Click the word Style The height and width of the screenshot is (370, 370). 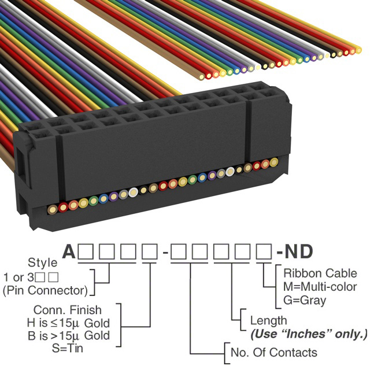(x=42, y=262)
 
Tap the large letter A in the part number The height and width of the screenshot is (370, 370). (x=69, y=251)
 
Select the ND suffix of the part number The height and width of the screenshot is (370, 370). (x=299, y=251)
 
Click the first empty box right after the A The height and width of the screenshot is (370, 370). (x=86, y=252)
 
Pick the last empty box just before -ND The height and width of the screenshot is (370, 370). (x=264, y=252)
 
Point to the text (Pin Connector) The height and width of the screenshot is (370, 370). (x=45, y=290)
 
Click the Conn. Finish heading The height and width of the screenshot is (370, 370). (x=68, y=310)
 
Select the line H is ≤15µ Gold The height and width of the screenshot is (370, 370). (x=68, y=323)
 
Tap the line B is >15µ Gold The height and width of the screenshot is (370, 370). (x=69, y=335)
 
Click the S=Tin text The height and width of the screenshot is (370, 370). (x=68, y=348)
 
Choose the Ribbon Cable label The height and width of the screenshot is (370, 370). (x=320, y=273)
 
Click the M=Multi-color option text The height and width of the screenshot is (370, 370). (x=320, y=287)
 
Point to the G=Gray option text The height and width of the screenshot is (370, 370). (x=305, y=301)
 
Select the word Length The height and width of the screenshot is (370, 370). (x=268, y=321)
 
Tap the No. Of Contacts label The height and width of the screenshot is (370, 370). (x=274, y=353)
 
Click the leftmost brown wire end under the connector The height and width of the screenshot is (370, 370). (x=53, y=209)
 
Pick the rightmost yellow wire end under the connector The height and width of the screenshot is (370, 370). (x=273, y=162)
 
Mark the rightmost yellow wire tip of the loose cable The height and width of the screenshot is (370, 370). (x=358, y=50)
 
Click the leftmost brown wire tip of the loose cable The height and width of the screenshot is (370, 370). (x=202, y=77)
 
